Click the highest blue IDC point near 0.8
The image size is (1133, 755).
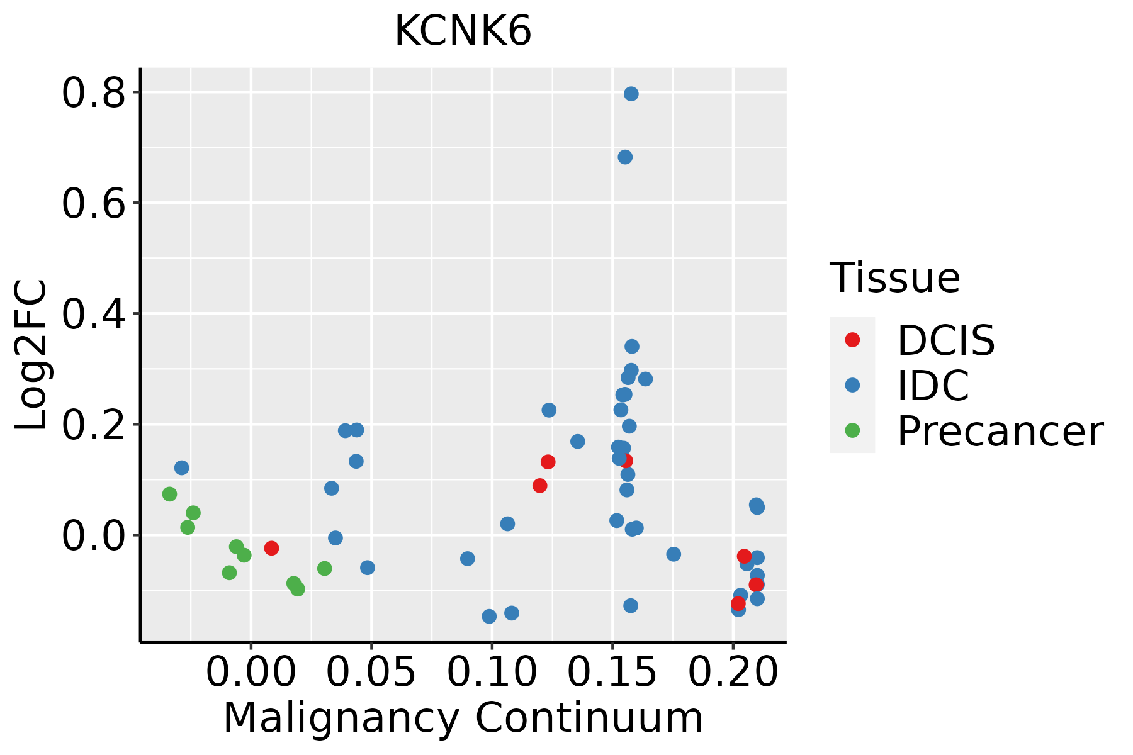click(631, 94)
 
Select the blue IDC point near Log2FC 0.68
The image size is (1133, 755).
click(625, 157)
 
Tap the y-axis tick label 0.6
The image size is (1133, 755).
click(94, 203)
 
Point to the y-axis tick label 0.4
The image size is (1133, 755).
click(94, 314)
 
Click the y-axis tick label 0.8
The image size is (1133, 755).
click(94, 93)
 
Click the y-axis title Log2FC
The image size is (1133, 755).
click(31, 355)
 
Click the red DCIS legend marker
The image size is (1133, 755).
click(852, 340)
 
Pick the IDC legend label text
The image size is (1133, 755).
click(933, 386)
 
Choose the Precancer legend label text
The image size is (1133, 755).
click(1000, 432)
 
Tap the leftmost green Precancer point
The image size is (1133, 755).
click(169, 494)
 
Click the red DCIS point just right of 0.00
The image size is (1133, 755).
click(271, 548)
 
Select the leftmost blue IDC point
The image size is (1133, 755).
click(181, 467)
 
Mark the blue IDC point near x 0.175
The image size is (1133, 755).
click(674, 554)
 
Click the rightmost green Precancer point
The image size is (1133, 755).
click(324, 569)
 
